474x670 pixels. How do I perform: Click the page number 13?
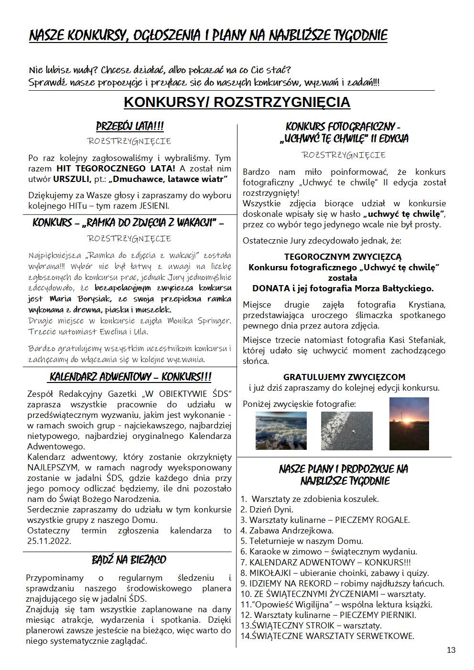pyautogui.click(x=451, y=650)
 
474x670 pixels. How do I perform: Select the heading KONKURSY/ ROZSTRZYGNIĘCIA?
pyautogui.click(x=237, y=102)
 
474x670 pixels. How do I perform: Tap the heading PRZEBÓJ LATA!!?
pyautogui.click(x=130, y=127)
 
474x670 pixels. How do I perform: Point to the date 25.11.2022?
pyautogui.click(x=49, y=541)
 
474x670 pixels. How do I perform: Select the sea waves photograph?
pyautogui.click(x=281, y=431)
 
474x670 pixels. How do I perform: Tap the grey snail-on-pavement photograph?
pyautogui.click(x=346, y=431)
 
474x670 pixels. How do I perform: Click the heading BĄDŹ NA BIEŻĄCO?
pyautogui.click(x=129, y=560)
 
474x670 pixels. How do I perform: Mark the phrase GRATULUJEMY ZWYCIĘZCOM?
pyautogui.click(x=344, y=377)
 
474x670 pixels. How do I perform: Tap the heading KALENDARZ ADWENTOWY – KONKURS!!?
pyautogui.click(x=130, y=377)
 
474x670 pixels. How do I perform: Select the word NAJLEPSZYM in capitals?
pyautogui.click(x=51, y=468)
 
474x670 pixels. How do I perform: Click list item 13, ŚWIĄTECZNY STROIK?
pyautogui.click(x=311, y=625)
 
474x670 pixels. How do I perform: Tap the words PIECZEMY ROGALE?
pyautogui.click(x=372, y=520)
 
